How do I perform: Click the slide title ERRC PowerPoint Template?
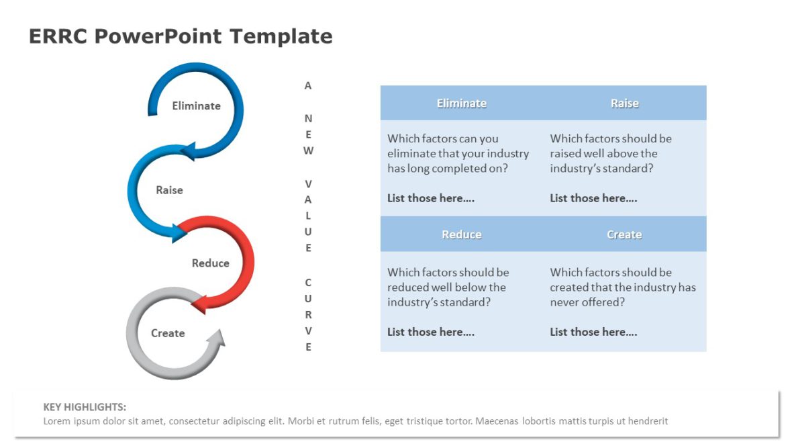(181, 36)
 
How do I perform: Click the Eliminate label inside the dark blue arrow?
(196, 105)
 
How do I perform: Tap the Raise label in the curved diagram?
(169, 190)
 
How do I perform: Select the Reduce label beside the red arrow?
(210, 263)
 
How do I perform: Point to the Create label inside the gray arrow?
(167, 333)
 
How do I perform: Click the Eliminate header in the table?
(461, 103)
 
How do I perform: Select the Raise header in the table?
(624, 103)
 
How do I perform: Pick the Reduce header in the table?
(461, 234)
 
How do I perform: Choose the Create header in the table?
(624, 234)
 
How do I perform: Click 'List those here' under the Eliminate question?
(431, 198)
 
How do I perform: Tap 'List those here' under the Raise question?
(593, 198)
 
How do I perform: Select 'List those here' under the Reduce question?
(431, 332)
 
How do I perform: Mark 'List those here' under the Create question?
(593, 332)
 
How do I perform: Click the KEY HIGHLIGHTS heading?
(85, 407)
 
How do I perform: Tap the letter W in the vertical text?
(308, 150)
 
